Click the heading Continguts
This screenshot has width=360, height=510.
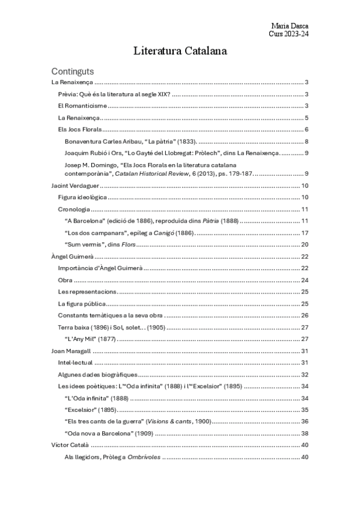click(73, 70)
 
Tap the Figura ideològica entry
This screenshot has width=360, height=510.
click(82, 197)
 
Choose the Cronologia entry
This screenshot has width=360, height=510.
click(74, 209)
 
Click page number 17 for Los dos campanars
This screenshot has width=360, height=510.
click(304, 233)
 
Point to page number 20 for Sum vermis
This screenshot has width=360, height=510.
click(304, 244)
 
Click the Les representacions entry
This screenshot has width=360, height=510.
click(87, 292)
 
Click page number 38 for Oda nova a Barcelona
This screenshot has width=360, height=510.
click(304, 433)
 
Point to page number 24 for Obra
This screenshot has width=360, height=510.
click(304, 280)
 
